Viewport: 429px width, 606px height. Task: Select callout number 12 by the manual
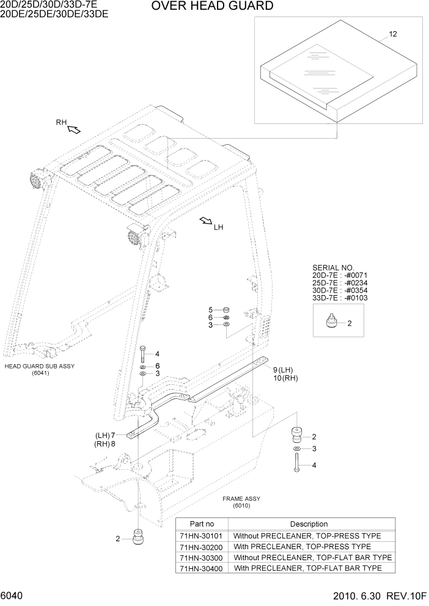coord(392,34)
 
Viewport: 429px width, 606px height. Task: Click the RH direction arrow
coord(74,129)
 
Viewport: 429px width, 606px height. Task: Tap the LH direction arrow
coord(205,221)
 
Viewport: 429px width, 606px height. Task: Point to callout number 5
coord(210,310)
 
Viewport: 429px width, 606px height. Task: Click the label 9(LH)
coord(284,369)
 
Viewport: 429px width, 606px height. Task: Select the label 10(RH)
coord(285,378)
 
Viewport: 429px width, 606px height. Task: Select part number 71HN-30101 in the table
coord(202,535)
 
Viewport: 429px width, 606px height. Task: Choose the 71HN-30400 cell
coord(202,568)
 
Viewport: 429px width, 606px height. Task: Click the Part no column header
coord(202,524)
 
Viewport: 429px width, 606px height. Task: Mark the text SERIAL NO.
coord(333,268)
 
